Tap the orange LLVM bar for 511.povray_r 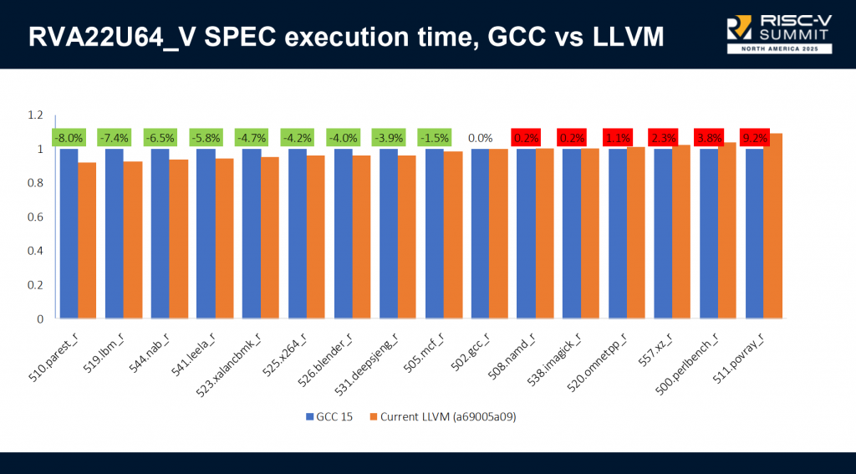772,226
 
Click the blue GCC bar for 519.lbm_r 114,233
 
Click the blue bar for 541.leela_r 206,233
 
